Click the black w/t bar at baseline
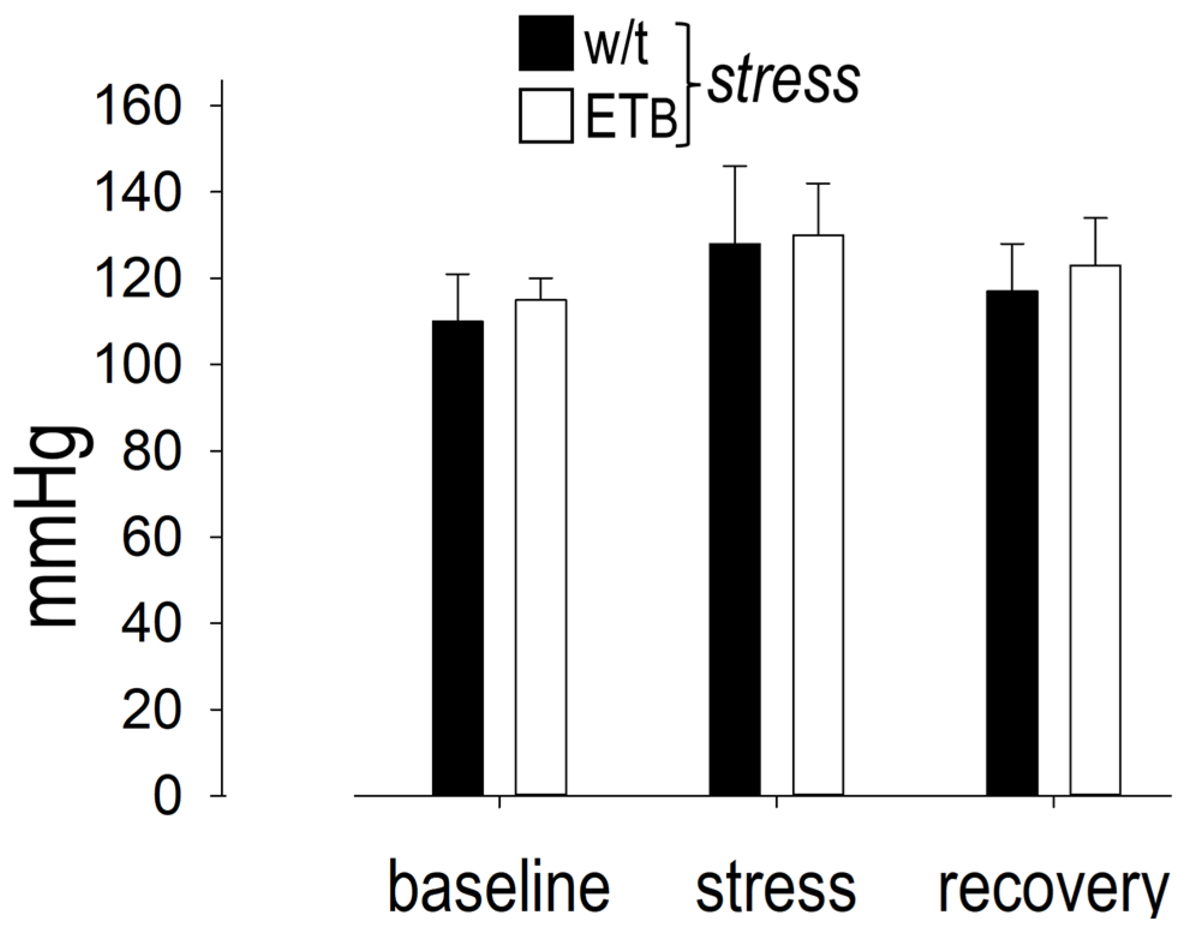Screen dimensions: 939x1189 [458, 558]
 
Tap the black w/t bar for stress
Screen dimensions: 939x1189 [735, 519]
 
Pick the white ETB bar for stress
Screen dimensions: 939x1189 [818, 515]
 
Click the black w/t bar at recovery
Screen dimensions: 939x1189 [1013, 543]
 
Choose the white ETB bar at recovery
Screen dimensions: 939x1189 [1095, 530]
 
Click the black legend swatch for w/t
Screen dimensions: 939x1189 [545, 43]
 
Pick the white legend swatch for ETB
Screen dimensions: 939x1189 [545, 115]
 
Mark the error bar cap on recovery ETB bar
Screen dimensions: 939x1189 [1095, 218]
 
